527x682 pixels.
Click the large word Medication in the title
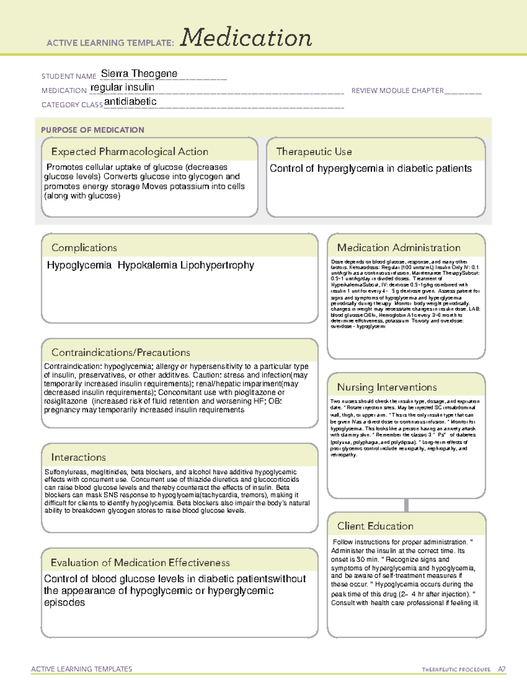point(246,38)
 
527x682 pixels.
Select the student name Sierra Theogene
point(139,73)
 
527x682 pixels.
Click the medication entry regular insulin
point(122,87)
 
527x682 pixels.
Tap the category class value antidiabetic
point(130,101)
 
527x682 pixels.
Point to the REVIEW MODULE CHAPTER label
point(397,90)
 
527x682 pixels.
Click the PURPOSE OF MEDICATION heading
point(92,130)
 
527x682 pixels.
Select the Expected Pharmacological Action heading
point(130,152)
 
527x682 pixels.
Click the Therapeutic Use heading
point(314,152)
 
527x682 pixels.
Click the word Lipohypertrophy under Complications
point(217,265)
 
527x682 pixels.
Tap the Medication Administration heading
point(398,248)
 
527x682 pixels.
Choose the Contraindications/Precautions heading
point(120,352)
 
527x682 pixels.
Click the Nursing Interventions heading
point(386,387)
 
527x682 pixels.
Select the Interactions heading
point(78,457)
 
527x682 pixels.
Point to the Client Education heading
point(375,526)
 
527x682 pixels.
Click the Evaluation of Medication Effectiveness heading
point(140,563)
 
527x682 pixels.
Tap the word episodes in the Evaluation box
point(65,603)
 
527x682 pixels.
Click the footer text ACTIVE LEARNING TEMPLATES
point(82,669)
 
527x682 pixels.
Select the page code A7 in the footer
point(501,669)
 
